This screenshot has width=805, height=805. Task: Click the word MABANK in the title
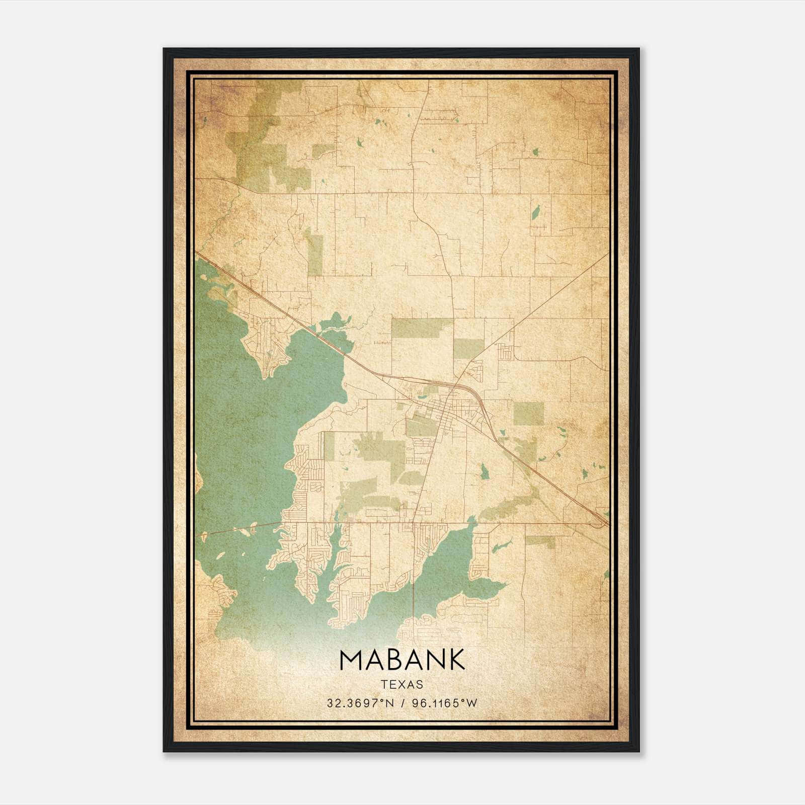coord(402,660)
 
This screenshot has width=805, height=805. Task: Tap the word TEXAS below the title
coord(402,684)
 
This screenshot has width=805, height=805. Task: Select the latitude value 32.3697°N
coord(358,703)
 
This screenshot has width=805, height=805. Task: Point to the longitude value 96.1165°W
coord(444,703)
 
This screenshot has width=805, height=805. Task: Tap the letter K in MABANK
coord(455,660)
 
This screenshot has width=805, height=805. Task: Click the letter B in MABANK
coord(395,660)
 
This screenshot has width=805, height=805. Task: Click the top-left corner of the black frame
coord(165,49)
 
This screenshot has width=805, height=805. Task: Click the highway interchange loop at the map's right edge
coord(599,523)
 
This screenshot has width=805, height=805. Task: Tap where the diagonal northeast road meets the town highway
coord(455,385)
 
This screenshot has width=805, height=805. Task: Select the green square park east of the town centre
coord(528,414)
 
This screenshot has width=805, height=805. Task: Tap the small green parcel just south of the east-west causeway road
coord(540,541)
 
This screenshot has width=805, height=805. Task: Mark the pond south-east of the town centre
coord(484,471)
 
